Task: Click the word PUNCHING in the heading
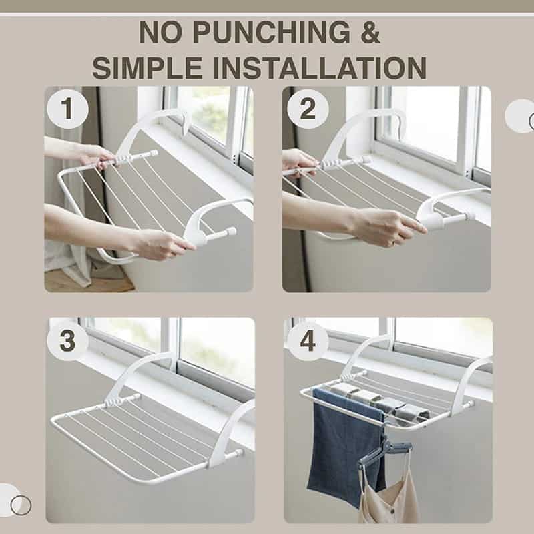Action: tap(272, 32)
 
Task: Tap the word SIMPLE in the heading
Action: tap(147, 68)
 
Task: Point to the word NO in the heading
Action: tap(162, 32)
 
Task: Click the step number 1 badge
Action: tap(68, 109)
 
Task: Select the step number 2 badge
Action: tap(308, 109)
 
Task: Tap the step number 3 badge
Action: tap(68, 341)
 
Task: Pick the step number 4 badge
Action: tap(308, 341)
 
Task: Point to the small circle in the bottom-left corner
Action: tap(21, 505)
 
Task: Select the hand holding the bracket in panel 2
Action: tap(388, 226)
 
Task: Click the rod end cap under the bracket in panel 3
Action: tap(239, 453)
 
